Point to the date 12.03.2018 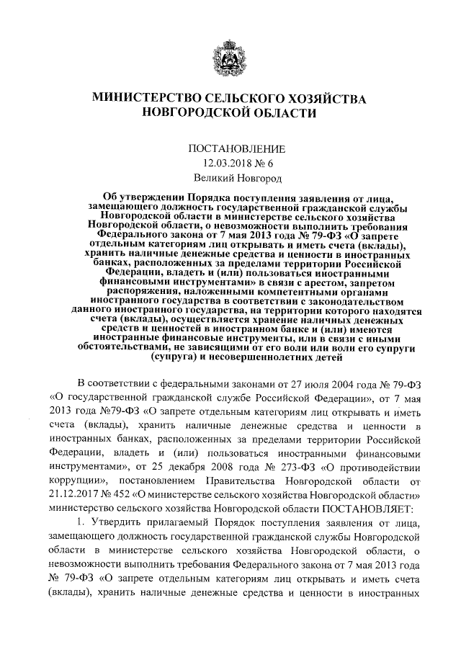(x=225, y=163)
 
